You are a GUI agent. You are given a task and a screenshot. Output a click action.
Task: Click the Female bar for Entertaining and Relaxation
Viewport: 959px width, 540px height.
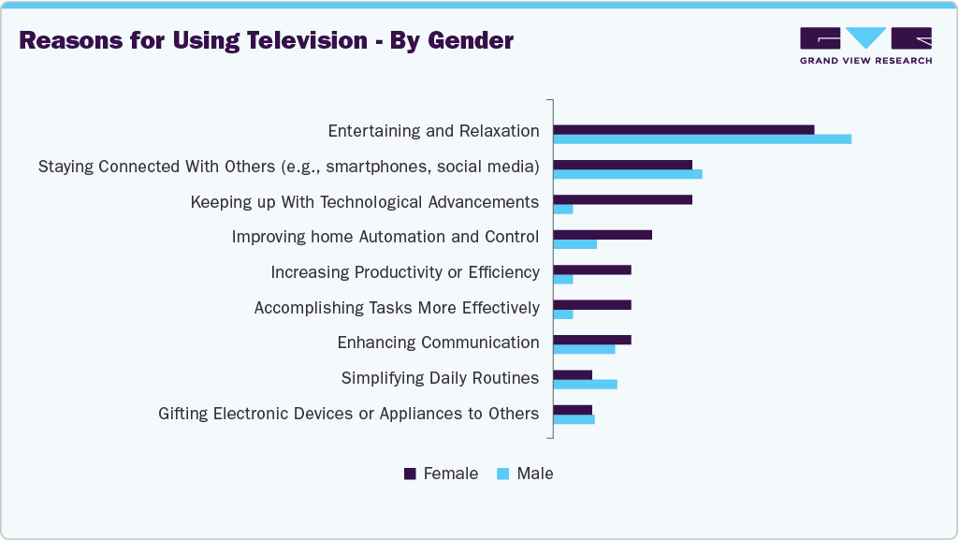684,129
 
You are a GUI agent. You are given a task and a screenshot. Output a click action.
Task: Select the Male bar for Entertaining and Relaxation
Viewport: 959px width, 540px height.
703,139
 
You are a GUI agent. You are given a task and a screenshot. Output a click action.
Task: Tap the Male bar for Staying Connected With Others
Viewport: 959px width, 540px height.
628,174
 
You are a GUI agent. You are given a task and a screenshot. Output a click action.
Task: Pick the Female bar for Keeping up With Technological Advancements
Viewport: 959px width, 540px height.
623,199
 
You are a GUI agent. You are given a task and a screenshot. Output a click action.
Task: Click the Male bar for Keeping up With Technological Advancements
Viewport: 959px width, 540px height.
563,210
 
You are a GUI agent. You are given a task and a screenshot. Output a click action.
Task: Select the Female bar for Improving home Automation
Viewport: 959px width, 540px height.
603,234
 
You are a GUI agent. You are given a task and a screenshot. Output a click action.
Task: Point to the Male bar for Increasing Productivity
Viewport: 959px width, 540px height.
563,279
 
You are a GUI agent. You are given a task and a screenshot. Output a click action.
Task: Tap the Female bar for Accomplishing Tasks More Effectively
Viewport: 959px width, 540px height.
592,304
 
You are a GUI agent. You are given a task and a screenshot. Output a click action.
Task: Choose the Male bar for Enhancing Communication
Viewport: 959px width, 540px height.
584,349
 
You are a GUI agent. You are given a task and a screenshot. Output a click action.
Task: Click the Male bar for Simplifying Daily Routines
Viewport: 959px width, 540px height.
586,384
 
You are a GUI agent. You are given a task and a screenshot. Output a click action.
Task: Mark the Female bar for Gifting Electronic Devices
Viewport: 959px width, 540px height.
573,410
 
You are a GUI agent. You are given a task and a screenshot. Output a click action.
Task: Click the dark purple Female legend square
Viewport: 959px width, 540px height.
410,474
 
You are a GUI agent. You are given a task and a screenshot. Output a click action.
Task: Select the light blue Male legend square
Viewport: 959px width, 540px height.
503,474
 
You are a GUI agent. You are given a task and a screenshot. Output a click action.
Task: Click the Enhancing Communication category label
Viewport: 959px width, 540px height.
438,343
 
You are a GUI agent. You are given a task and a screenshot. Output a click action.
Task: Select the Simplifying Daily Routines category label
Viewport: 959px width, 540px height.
440,378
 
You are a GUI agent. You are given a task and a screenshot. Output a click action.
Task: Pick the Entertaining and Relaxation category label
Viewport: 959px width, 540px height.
433,131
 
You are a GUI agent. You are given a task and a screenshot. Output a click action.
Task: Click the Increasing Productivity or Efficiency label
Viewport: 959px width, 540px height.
405,272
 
